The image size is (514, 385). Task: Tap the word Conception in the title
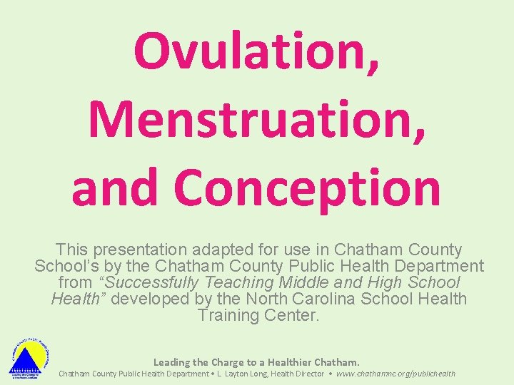[308, 188]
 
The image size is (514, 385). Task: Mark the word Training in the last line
[226, 315]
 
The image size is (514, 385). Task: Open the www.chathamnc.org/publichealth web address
[395, 374]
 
